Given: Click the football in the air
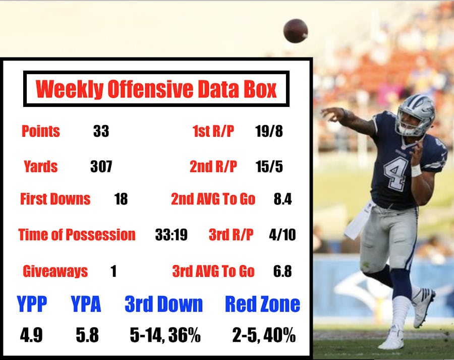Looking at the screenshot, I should pyautogui.click(x=296, y=30).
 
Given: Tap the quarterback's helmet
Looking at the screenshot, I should pyautogui.click(x=415, y=115).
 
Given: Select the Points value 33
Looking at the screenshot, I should pyautogui.click(x=101, y=132).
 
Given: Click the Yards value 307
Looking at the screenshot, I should pyautogui.click(x=101, y=166).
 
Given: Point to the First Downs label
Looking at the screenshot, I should pyautogui.click(x=55, y=199).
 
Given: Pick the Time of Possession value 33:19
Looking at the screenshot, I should pyautogui.click(x=172, y=235).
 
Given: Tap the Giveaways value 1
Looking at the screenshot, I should pyautogui.click(x=113, y=271).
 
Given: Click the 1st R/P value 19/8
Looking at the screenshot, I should pyautogui.click(x=269, y=132).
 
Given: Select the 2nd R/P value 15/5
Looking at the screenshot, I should pyautogui.click(x=269, y=166).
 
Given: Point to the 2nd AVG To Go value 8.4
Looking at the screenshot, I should pyautogui.click(x=282, y=199).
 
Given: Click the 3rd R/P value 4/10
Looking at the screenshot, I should pyautogui.click(x=282, y=235).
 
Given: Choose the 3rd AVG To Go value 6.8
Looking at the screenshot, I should pyautogui.click(x=282, y=271).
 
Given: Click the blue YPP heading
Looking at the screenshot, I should pyautogui.click(x=32, y=304).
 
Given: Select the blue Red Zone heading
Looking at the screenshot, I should pyautogui.click(x=262, y=304).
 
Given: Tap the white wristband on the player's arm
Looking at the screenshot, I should pyautogui.click(x=416, y=170).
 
